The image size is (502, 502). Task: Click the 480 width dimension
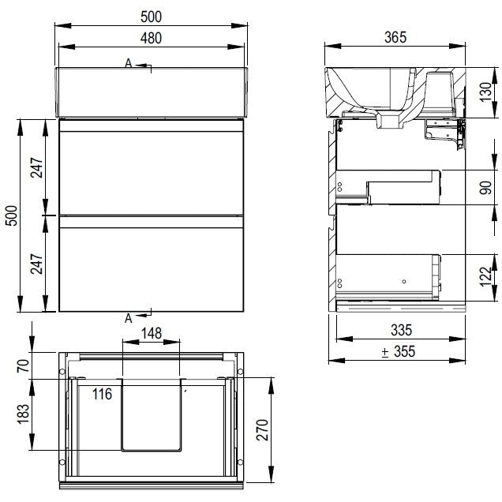pos(151,38)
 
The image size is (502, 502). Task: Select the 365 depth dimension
pos(395,37)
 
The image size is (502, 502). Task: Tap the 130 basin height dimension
pos(485,92)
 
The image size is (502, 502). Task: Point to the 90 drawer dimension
pos(485,188)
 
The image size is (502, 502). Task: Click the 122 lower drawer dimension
pos(485,276)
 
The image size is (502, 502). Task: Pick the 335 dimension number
pos(402,330)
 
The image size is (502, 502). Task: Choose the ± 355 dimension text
pos(399,351)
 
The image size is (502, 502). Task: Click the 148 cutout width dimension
pos(152,333)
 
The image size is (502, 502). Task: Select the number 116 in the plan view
pos(102,394)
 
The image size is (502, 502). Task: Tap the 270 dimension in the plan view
pos(263,429)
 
